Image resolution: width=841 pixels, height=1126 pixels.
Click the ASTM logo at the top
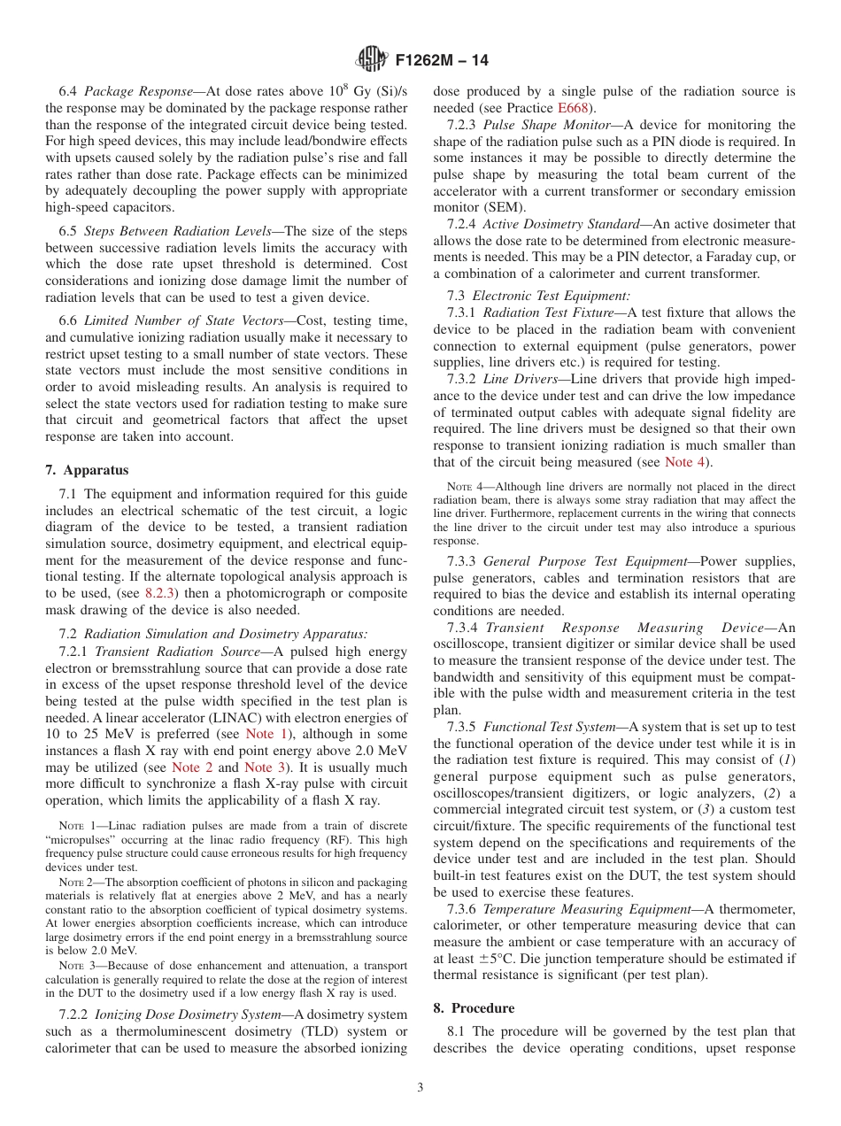click(x=371, y=60)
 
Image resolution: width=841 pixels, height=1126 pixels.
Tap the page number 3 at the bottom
click(x=420, y=1087)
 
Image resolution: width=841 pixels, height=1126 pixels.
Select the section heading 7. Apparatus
click(x=87, y=470)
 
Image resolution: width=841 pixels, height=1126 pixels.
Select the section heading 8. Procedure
click(x=474, y=1008)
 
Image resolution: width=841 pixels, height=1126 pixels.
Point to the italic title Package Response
click(x=138, y=91)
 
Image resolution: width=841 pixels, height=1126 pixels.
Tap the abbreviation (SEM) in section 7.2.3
click(x=497, y=207)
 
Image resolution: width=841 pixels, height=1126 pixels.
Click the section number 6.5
click(x=68, y=231)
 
